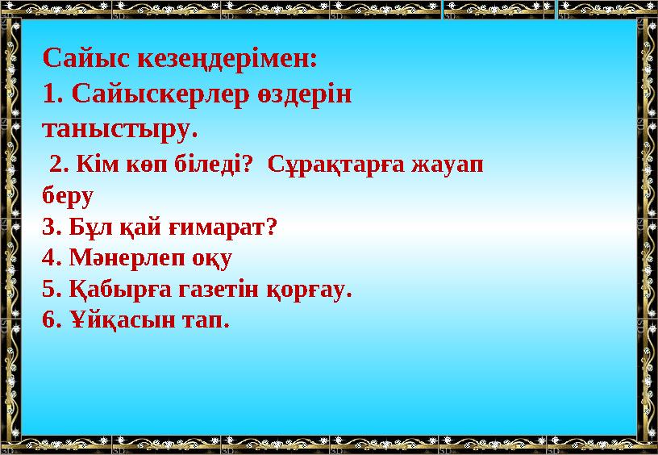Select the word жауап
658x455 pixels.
[x=448, y=165]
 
